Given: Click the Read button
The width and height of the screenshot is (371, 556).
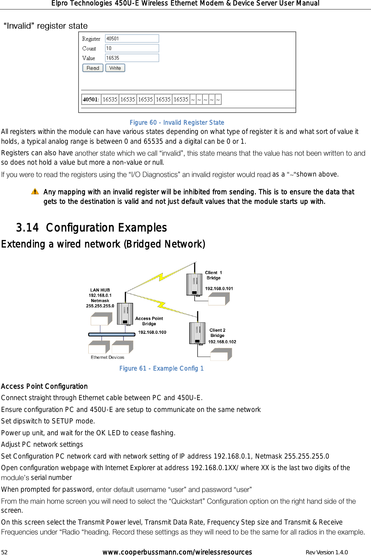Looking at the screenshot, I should pos(93,68).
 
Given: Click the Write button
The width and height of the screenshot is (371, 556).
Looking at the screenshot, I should pos(115,68).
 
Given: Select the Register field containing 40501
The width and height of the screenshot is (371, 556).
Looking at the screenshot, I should pos(132,39).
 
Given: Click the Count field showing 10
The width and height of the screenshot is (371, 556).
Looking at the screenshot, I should pos(132,48).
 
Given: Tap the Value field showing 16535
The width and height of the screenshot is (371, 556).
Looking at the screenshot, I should pos(132,58).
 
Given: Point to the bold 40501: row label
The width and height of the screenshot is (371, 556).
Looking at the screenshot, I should pos(91,99).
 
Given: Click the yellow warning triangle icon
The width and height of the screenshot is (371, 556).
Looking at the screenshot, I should pos(35,192).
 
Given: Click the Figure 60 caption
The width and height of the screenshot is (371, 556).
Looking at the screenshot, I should pos(177,122).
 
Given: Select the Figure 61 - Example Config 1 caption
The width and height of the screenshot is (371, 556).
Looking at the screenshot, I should pos(161,368).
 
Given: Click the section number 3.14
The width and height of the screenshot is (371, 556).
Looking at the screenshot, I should pos(27,228).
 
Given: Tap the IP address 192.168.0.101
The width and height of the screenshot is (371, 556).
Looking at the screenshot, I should pos(219,288).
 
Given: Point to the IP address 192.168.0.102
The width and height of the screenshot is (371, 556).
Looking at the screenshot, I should pos(222,342).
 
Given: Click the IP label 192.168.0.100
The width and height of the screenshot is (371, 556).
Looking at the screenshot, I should pos(152,332).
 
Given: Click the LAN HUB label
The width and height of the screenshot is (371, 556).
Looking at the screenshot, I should pos(100,290).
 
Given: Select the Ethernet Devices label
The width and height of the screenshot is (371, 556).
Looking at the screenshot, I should pos(107,357).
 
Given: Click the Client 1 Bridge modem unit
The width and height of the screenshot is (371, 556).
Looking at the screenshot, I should pos(194,284).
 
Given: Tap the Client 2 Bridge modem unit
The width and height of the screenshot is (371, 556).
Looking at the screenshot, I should pos(197,333).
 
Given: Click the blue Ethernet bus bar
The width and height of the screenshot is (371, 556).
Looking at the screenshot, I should pos(112,334).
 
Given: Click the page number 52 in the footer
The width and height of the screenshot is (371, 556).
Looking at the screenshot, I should pos(4,552).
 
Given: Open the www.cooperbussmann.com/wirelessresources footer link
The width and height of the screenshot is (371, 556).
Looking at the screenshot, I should pos(177,552).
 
